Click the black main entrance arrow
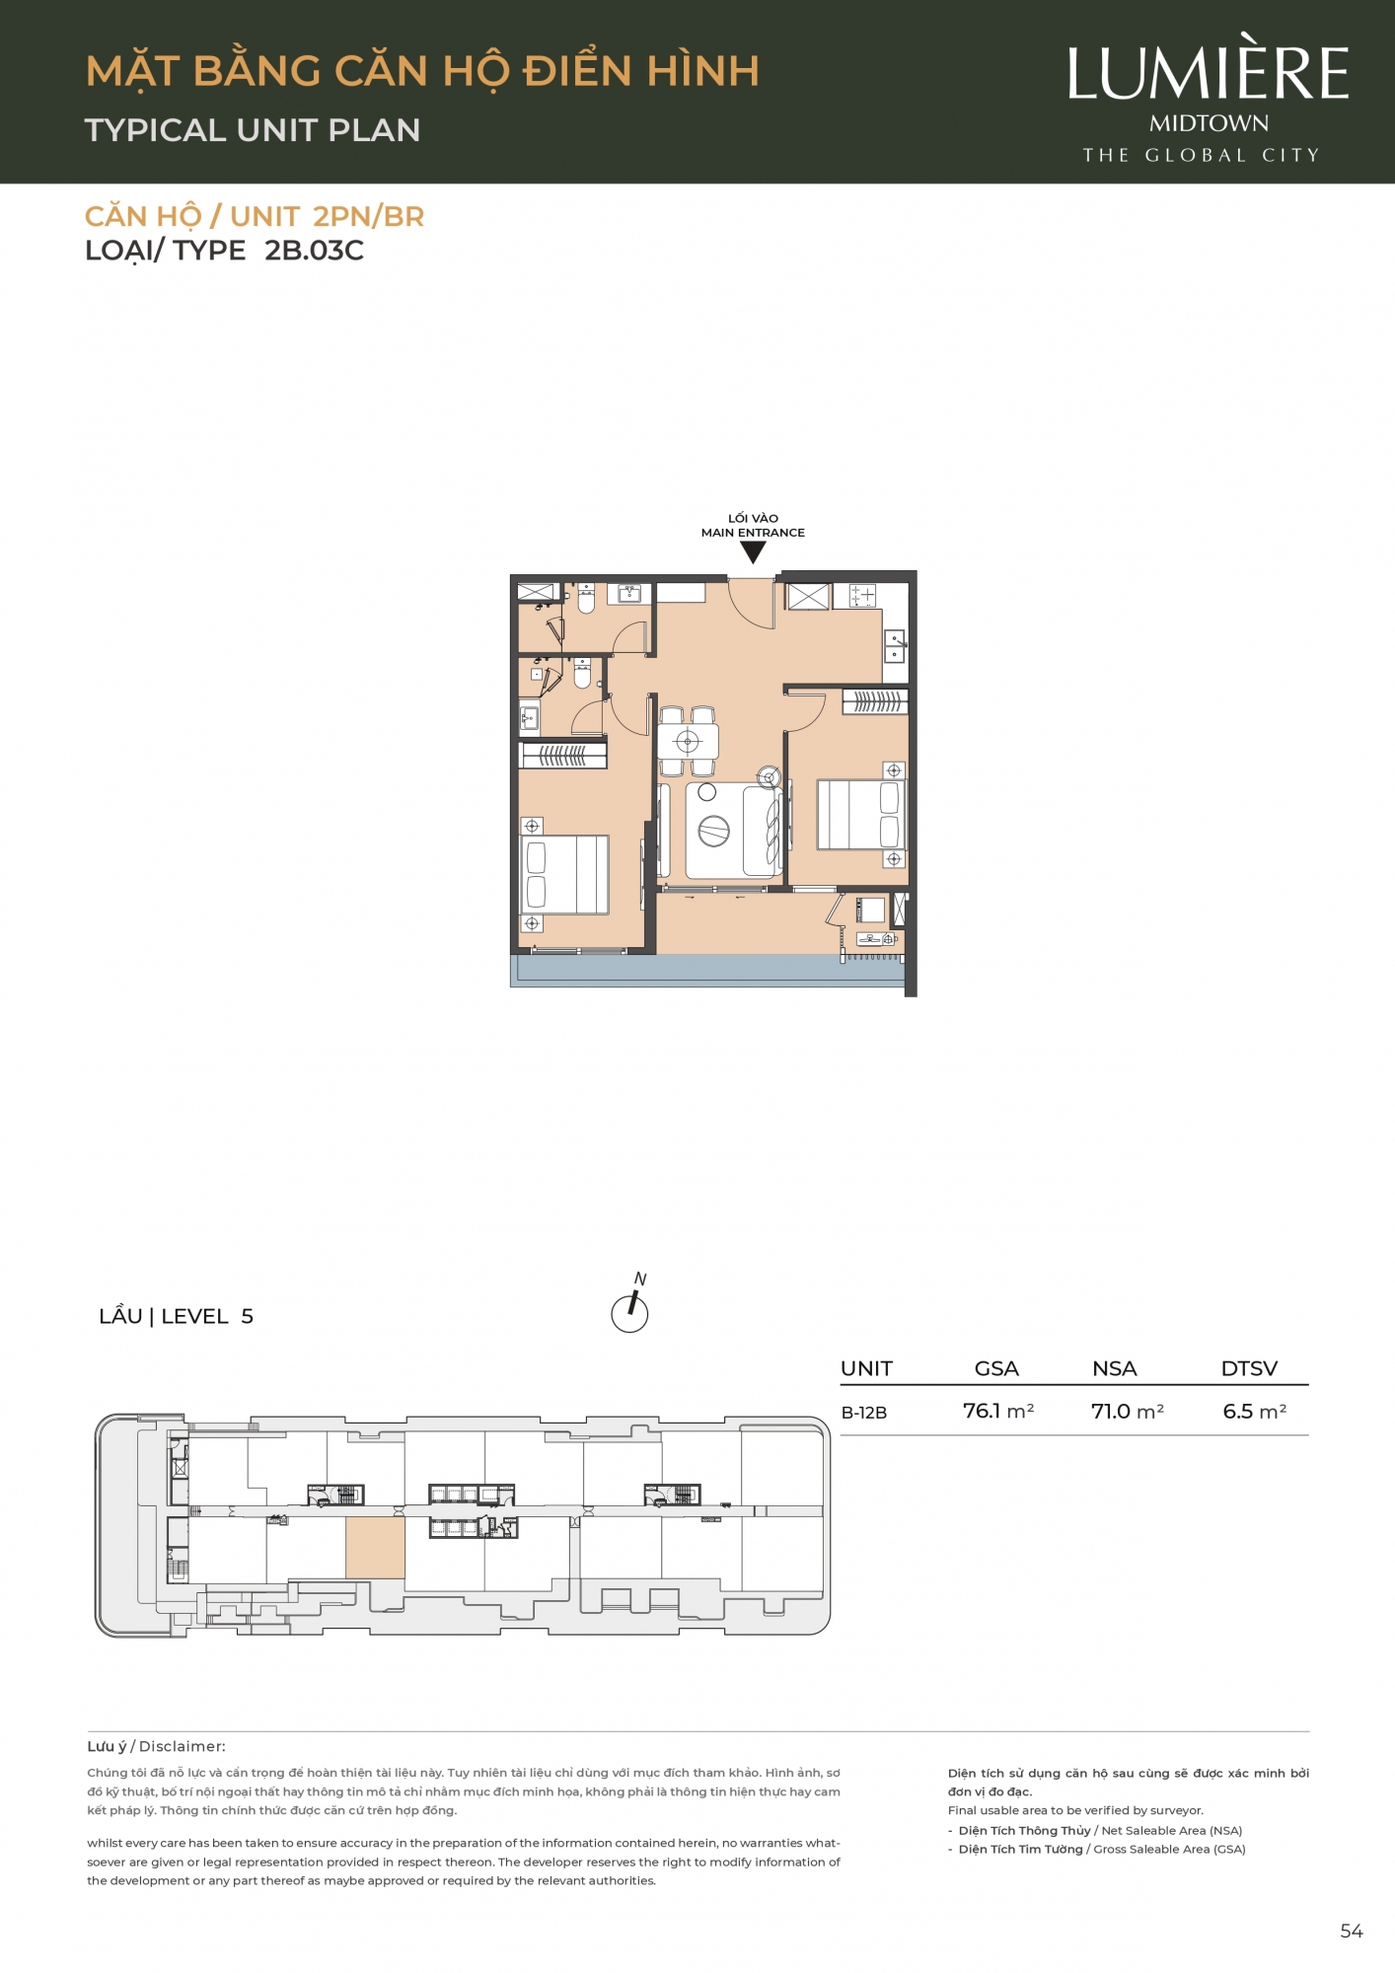coord(753,552)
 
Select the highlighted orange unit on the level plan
coord(375,1548)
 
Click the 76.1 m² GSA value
coord(998,1412)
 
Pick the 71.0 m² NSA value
coord(1128,1412)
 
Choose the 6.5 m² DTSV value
coord(1255,1412)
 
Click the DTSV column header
coord(1249,1368)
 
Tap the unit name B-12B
coord(864,1413)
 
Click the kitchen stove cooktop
coord(862,595)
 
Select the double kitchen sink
coord(895,645)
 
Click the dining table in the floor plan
coord(688,741)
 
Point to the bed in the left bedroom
coord(564,874)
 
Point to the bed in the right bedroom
coord(860,815)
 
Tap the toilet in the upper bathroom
coord(586,598)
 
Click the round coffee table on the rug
coord(713,832)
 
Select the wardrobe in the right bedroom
coord(875,701)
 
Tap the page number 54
coord(1352,1932)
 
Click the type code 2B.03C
coord(314,251)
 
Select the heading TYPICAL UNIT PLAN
coord(253,130)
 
